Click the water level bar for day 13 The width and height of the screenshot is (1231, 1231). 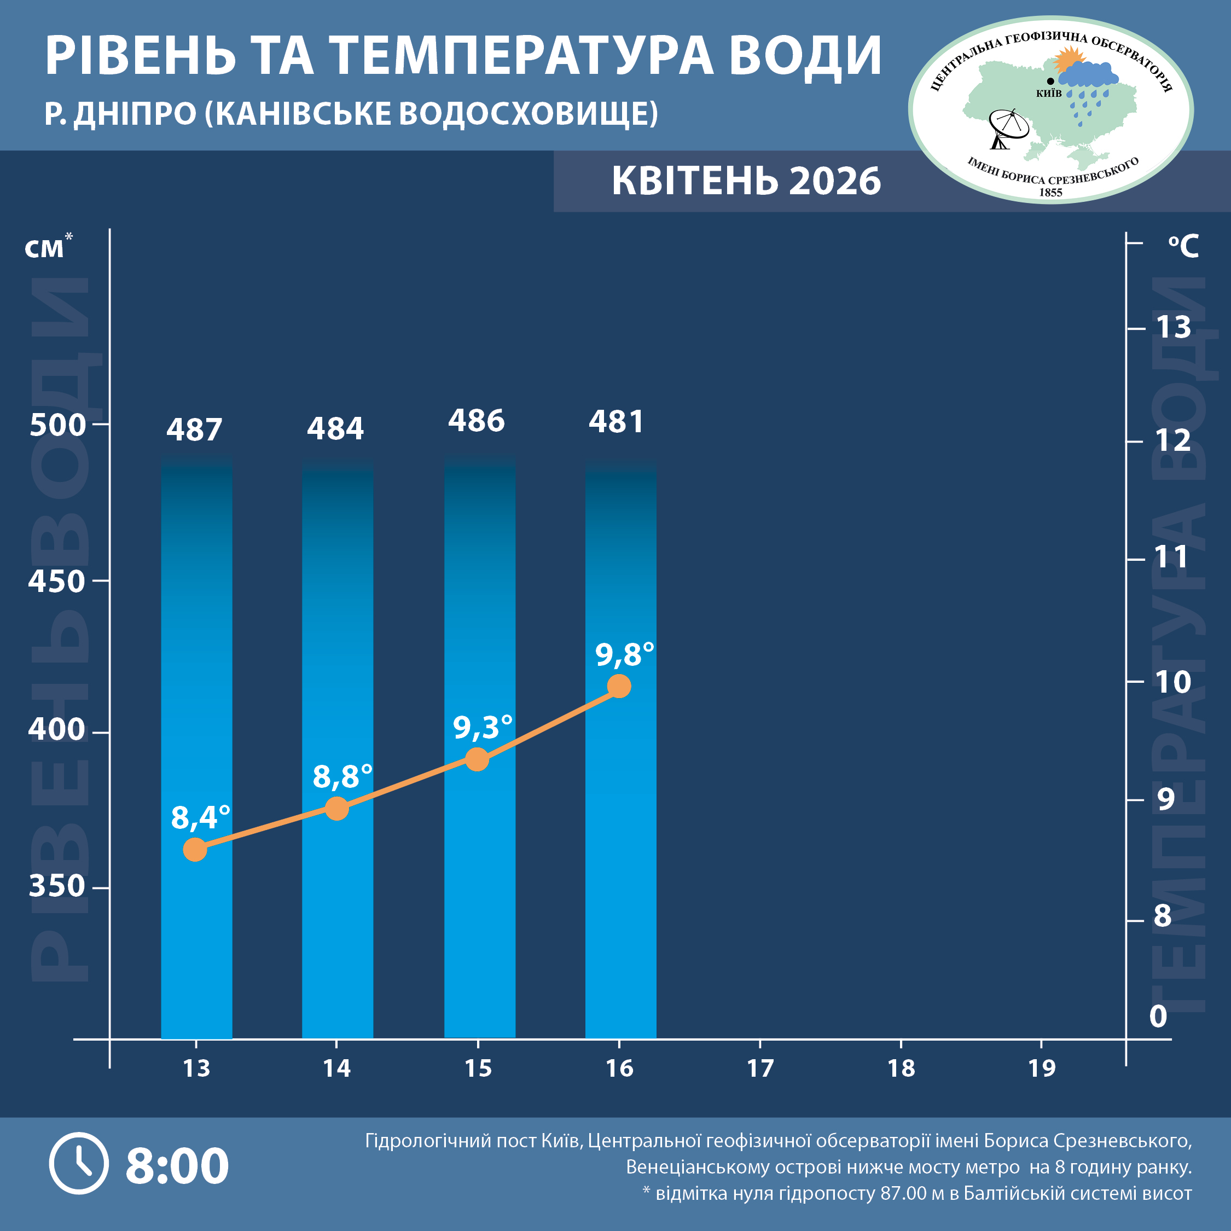pos(196,746)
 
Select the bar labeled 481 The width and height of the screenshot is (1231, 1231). pos(620,746)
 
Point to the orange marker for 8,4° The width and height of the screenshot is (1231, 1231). pos(195,849)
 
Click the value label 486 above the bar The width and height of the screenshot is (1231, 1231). pos(476,421)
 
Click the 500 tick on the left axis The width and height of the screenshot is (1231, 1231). pos(57,425)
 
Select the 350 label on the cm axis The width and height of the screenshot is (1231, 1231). pos(57,886)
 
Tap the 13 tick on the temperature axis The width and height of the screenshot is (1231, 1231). pos(1173,328)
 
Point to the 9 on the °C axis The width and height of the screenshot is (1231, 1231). pos(1165,799)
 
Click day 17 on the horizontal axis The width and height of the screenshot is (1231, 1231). pos(760,1069)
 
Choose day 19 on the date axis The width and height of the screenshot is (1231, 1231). pos(1042,1069)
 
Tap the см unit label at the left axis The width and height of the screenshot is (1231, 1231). pos(45,248)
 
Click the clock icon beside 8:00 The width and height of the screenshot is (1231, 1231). pos(79,1164)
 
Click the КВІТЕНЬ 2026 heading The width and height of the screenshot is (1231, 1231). pos(746,181)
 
